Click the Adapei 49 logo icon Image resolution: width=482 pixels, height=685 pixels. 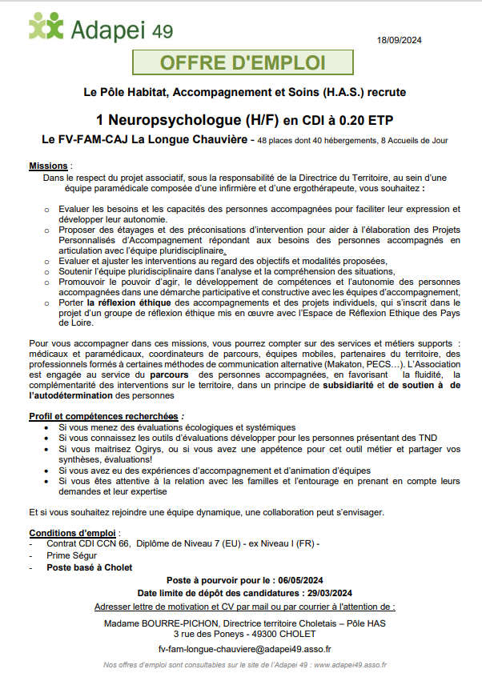point(46,27)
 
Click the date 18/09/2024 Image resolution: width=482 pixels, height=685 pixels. point(399,40)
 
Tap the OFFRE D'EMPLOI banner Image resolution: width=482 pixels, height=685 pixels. point(243,63)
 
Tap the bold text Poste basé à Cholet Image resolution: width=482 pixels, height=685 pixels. point(89,567)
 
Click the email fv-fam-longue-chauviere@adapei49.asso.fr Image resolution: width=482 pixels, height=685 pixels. point(244,650)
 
